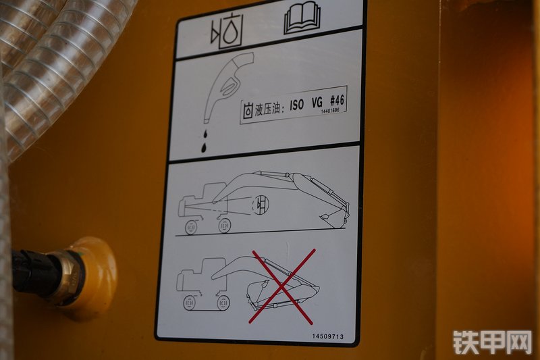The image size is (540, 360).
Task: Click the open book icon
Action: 302,18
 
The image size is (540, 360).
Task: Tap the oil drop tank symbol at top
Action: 227,32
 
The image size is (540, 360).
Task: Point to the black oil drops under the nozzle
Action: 205,141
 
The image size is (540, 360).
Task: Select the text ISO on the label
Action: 296,105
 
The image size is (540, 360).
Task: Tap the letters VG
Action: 317,102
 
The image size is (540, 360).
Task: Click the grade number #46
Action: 336,100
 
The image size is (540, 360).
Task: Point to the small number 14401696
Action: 330,111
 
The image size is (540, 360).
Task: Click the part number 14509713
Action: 328,336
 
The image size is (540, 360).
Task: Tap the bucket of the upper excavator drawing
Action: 333,219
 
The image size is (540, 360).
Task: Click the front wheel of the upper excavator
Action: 224,226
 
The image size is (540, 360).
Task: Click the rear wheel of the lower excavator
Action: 189,303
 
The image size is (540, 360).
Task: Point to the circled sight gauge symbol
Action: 261,204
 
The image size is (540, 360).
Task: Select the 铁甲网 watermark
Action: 492,342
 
